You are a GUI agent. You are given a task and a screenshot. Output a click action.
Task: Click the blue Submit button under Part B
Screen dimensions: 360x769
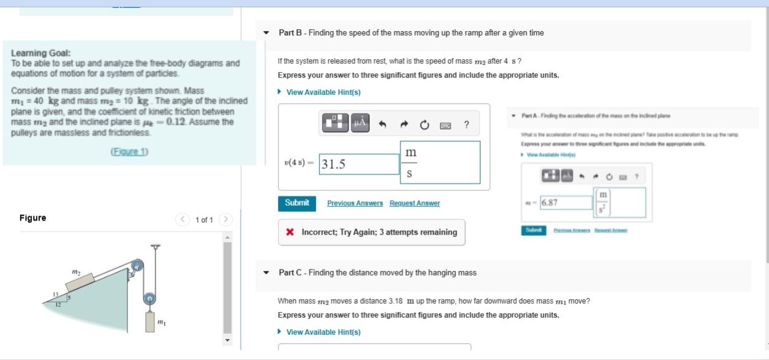pos(297,203)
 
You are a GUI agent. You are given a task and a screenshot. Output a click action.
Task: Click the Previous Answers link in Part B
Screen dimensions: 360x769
pos(355,203)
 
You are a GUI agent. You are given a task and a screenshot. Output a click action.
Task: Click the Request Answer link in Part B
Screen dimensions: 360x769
pos(415,203)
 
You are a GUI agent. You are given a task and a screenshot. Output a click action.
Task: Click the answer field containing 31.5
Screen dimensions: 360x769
pos(359,164)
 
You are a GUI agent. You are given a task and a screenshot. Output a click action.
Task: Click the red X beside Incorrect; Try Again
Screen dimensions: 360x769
pos(290,233)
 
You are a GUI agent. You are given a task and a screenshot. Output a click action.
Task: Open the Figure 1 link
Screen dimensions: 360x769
pos(129,151)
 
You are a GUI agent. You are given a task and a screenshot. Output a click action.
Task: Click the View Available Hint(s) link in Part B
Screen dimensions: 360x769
pos(323,92)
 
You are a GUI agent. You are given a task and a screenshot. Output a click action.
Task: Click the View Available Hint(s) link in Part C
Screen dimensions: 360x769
pos(323,332)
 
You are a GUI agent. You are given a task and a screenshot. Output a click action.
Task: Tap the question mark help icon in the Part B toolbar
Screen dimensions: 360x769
pos(467,126)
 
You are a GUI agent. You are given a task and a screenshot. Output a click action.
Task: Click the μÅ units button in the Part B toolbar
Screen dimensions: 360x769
pos(359,124)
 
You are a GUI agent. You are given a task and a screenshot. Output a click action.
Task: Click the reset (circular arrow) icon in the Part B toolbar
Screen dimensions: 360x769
pos(424,126)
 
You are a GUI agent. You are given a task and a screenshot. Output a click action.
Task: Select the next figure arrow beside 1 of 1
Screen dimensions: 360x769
pos(225,219)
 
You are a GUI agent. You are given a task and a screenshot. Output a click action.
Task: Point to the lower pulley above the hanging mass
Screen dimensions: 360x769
pos(149,299)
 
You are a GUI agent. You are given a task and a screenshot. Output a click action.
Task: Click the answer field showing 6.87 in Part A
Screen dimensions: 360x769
pos(566,203)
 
